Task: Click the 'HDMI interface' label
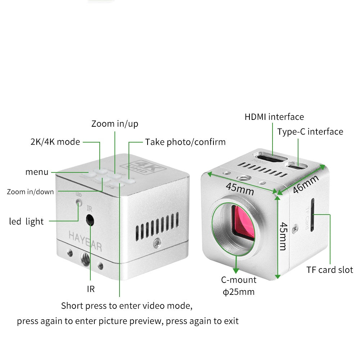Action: (274, 117)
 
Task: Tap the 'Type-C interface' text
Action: (310, 132)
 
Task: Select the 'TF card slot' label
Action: (329, 270)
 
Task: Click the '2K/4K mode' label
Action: (55, 142)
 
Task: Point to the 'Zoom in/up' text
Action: (114, 124)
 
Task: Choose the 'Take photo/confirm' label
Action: (185, 142)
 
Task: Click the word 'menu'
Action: (37, 172)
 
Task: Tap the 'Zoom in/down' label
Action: (30, 192)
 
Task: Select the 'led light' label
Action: (26, 221)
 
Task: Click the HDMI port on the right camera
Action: (270, 158)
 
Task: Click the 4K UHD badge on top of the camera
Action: (145, 167)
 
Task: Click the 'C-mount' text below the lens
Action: (238, 280)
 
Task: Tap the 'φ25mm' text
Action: (238, 292)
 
